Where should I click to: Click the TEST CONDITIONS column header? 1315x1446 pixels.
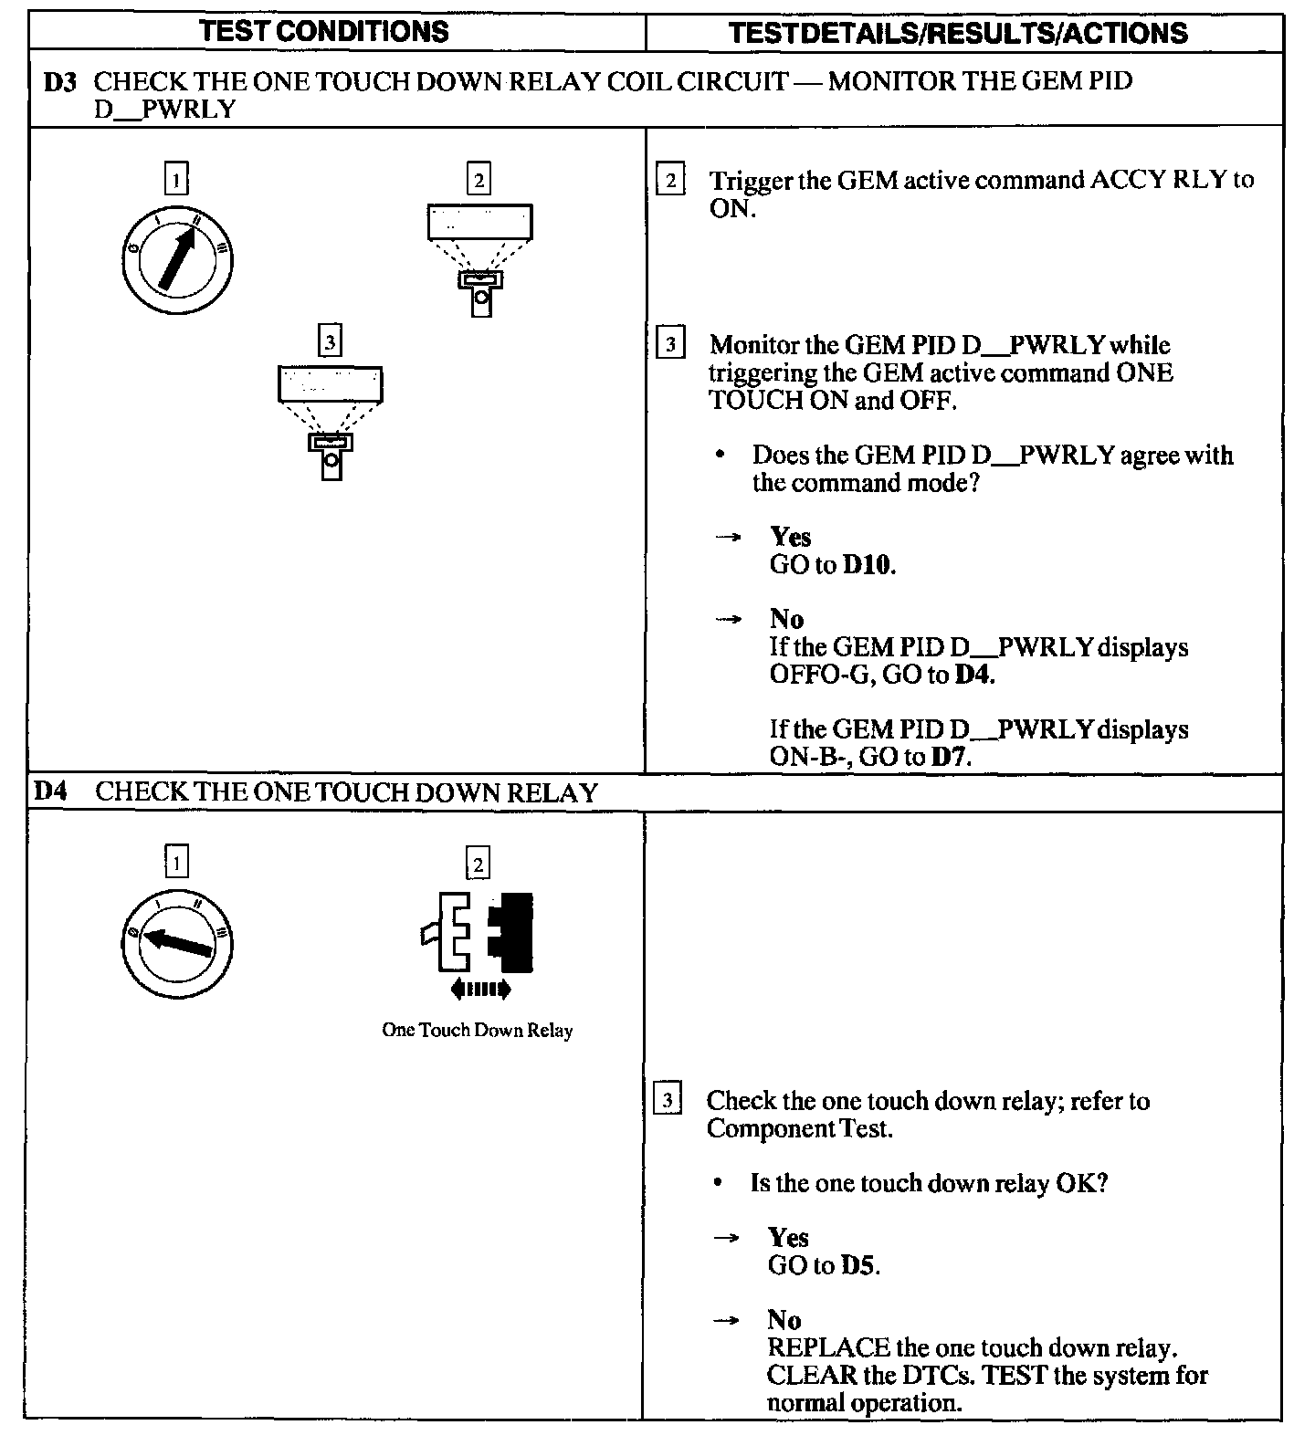[x=324, y=32]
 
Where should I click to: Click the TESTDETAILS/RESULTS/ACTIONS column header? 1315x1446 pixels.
[x=959, y=34]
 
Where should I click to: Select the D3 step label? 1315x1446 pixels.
[x=60, y=81]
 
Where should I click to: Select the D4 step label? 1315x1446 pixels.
[x=51, y=791]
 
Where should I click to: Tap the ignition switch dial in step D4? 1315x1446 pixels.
[x=176, y=946]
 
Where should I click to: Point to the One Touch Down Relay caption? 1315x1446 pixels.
[x=477, y=1031]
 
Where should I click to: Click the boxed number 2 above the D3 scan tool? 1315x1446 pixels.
[x=479, y=178]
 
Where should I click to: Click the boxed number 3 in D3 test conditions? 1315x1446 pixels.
[x=330, y=341]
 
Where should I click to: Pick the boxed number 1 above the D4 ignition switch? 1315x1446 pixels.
[x=176, y=861]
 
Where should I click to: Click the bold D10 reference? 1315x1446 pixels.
[x=868, y=565]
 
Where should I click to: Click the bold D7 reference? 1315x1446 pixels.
[x=950, y=757]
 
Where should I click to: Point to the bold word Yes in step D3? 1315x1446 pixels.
[x=790, y=537]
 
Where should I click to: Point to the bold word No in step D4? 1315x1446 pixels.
[x=784, y=1320]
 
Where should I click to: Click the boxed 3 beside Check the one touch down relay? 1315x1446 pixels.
[x=668, y=1101]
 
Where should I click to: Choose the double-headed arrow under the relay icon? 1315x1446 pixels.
[x=481, y=990]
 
